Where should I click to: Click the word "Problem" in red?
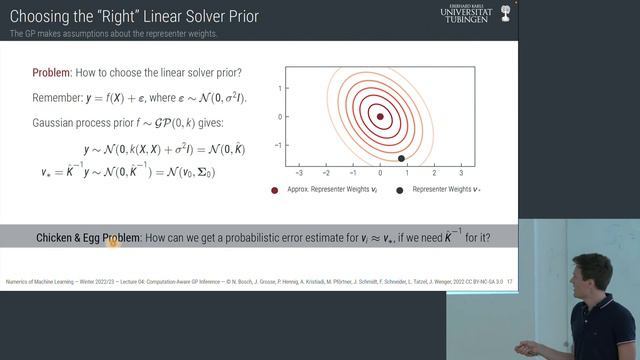pos(50,74)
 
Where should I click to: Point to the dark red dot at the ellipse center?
pos(380,116)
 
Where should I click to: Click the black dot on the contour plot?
pos(401,158)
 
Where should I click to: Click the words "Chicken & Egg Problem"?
pos(88,238)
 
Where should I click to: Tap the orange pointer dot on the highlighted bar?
pos(113,241)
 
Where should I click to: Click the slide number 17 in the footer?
pos(510,282)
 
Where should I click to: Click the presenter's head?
pos(591,278)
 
